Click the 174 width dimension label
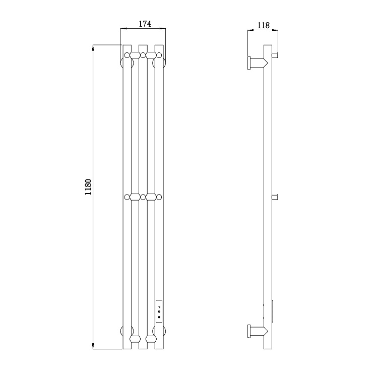pos(145,24)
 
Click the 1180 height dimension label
pos(88,187)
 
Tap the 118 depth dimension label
pos(263,25)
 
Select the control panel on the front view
pos(159,311)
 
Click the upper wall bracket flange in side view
pos(249,63)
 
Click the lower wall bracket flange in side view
pos(249,331)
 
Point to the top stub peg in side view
pos(275,55)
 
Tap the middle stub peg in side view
pos(275,197)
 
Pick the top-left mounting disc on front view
pos(127,63)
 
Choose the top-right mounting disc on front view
pos(159,63)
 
